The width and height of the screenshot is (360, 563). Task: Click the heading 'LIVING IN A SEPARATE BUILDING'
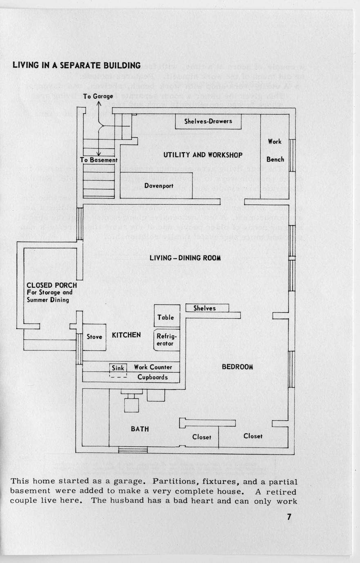(76, 65)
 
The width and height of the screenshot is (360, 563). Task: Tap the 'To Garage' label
(98, 96)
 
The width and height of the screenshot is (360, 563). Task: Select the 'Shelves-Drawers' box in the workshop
(208, 121)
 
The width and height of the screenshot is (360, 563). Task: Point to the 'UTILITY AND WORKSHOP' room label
(203, 155)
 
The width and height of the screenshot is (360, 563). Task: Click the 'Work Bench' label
(275, 151)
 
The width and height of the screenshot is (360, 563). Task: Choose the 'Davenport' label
(159, 186)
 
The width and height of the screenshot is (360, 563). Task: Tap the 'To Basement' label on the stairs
(99, 160)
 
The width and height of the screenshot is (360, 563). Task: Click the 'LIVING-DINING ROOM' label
(185, 258)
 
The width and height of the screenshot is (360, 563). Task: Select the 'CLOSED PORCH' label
(51, 285)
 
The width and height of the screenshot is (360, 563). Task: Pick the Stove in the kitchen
(94, 337)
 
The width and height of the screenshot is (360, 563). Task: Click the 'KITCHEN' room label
(126, 335)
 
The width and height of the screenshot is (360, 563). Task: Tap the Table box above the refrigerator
(165, 317)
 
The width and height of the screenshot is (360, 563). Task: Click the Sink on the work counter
(118, 368)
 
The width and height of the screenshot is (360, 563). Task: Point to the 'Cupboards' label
(152, 377)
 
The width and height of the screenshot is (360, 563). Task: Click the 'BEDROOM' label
(237, 367)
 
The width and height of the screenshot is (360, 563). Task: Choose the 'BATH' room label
(140, 429)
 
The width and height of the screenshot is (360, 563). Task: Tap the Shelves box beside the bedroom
(204, 308)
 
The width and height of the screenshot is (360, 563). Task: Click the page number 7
(289, 517)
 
